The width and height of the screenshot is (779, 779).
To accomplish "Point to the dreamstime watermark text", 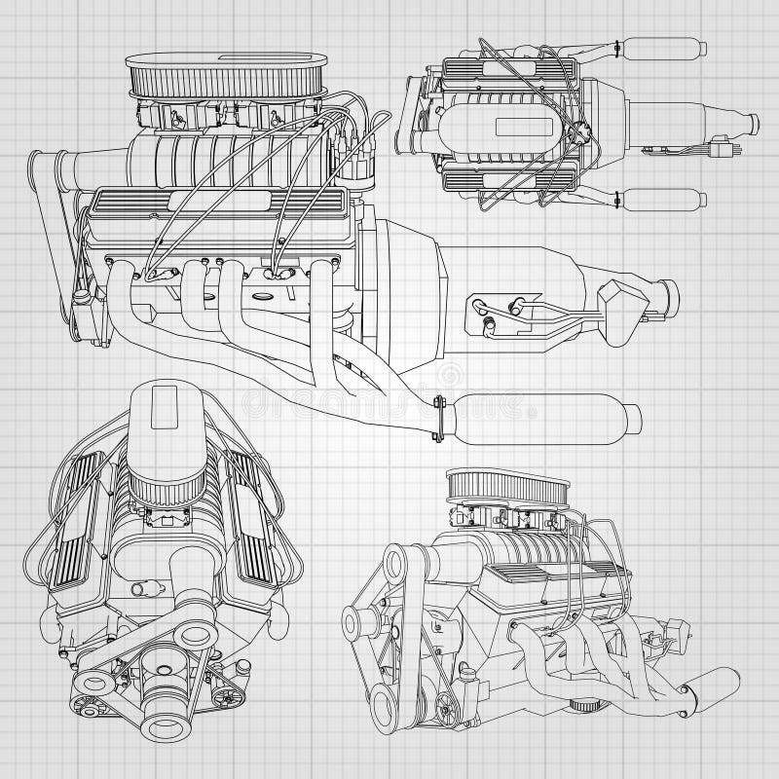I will (x=389, y=400).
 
